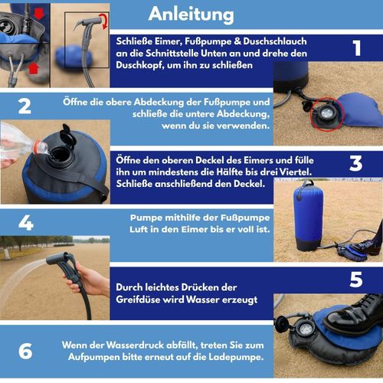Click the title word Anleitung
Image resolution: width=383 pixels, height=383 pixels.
[191, 14]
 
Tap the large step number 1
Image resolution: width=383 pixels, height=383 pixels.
[357, 48]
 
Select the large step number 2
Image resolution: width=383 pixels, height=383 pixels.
[25, 106]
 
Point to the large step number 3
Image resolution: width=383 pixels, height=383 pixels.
[356, 163]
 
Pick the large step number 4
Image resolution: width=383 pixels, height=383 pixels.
[26, 223]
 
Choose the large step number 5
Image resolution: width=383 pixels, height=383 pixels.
[356, 280]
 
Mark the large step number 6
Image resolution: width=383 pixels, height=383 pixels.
[25, 352]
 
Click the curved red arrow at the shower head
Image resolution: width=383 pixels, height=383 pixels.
[105, 21]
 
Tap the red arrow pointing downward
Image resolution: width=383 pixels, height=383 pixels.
[39, 14]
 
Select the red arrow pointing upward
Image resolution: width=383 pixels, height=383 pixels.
[34, 68]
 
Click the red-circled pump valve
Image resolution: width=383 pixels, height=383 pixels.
[327, 114]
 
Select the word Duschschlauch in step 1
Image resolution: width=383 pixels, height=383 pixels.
[275, 41]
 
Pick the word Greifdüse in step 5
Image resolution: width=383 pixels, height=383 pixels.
[138, 300]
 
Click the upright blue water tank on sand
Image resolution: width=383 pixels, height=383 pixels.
[308, 217]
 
